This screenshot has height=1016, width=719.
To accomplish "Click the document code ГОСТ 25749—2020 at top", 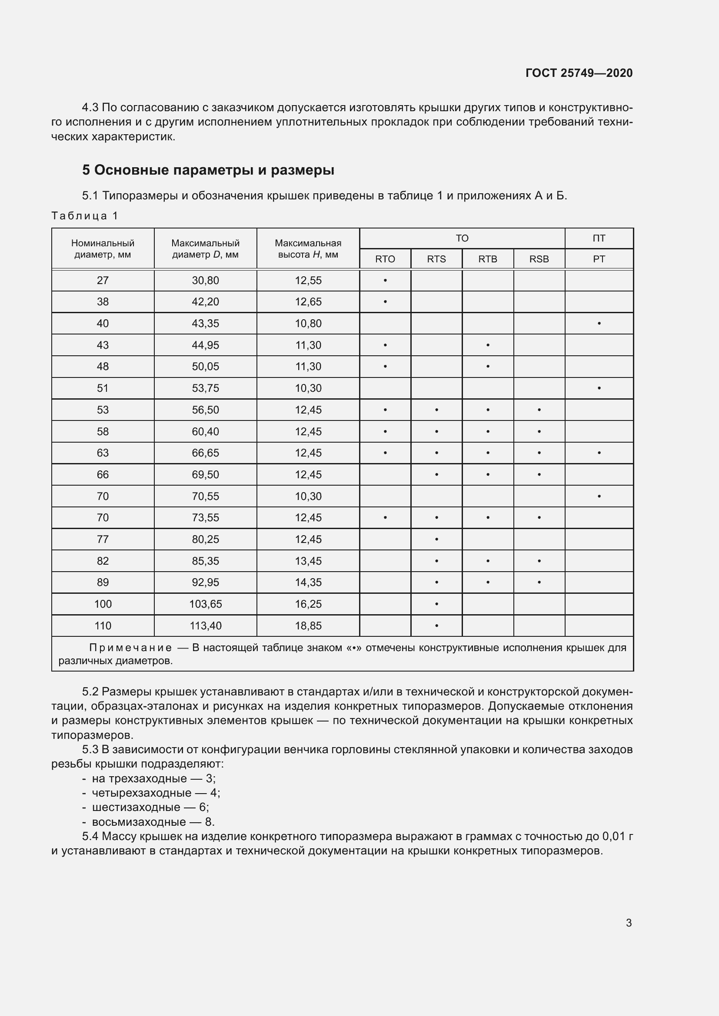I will pos(579,73).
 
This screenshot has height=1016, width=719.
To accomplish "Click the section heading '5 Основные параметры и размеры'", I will pos(208,170).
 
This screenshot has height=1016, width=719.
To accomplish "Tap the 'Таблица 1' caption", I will pos(85,216).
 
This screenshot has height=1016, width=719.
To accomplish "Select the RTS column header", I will pos(436,259).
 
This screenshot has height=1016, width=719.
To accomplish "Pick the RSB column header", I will pos(539,259).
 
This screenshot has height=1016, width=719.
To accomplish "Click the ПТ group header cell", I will pos(599,238).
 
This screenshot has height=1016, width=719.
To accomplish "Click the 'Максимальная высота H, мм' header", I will pos(308,249).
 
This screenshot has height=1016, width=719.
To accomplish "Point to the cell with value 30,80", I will pos(205,281).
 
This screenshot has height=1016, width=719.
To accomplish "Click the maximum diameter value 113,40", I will pos(205,625).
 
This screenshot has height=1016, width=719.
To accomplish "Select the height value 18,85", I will pos(308,625).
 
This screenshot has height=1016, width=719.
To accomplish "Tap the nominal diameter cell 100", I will pos(103,604).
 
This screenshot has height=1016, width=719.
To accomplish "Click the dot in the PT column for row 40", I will pos(599,324).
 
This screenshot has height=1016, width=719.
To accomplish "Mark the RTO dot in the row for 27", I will pos(385,281).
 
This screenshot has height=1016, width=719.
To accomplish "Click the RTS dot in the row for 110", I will pos(436,625).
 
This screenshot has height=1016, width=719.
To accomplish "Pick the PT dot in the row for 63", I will pos(599,453).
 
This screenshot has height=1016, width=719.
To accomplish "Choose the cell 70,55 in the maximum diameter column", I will pos(205,496).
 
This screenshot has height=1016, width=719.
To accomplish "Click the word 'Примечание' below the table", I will pos(130,648).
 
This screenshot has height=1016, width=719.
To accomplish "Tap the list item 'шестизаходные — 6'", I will pos(150,807).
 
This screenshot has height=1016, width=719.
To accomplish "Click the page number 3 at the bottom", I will pos(629,923).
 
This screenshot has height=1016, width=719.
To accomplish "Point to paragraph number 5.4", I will pos(91,836).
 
